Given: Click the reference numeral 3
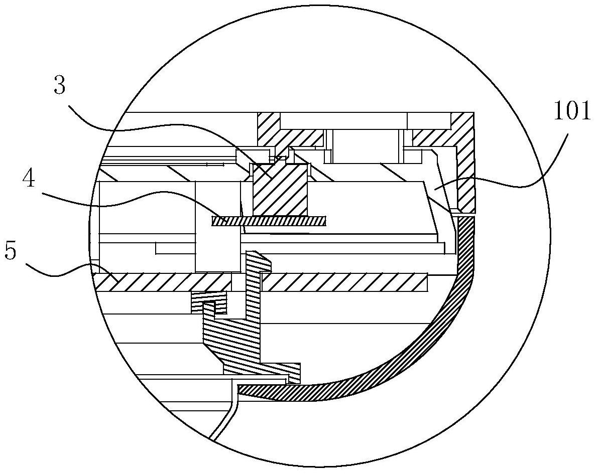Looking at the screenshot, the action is point(60,85).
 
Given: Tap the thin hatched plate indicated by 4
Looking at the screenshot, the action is point(269,221).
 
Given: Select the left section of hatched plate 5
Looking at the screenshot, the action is point(162,282).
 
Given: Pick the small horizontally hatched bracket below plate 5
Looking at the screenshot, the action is point(209,302).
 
